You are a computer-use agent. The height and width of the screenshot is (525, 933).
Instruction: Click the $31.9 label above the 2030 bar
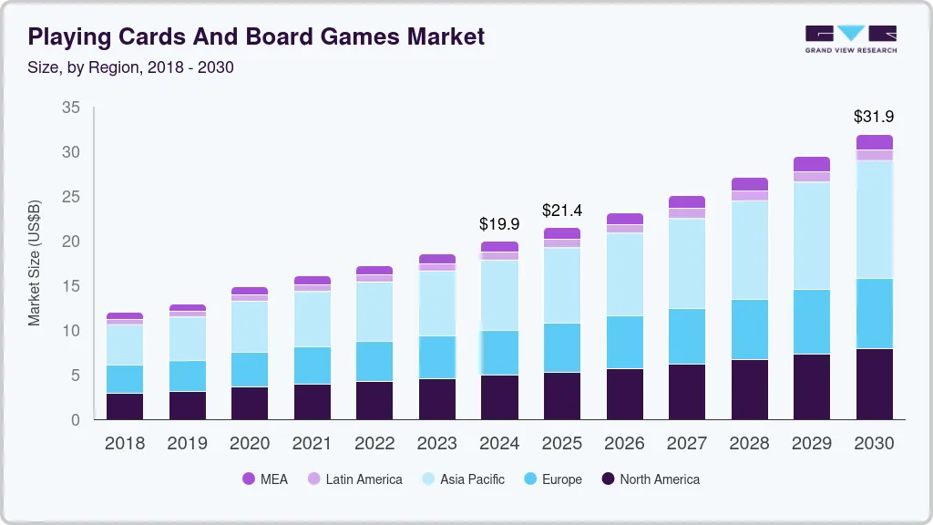[874, 117]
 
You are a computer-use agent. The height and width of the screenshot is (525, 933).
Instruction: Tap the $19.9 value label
[499, 223]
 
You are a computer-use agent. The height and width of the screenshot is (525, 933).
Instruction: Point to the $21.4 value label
[561, 211]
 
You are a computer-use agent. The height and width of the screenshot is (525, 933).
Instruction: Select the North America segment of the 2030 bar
[874, 384]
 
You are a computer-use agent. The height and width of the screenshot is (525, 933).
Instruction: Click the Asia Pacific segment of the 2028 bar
[749, 250]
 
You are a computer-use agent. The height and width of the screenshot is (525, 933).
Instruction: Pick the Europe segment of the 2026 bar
[624, 342]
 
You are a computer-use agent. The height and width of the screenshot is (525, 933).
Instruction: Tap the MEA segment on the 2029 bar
[811, 164]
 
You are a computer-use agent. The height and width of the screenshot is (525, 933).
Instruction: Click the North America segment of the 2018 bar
[125, 407]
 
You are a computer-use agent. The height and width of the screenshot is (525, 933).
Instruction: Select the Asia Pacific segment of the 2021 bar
[313, 319]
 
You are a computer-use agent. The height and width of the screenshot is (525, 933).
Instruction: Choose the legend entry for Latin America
[354, 479]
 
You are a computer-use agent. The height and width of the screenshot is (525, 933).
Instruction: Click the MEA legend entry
[265, 479]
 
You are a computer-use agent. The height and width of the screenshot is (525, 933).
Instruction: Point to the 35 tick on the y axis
[70, 108]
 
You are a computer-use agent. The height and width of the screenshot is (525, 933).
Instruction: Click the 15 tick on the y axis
[70, 286]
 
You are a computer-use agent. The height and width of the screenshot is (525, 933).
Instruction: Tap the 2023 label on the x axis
[437, 444]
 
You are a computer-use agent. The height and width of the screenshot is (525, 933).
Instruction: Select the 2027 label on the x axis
[686, 444]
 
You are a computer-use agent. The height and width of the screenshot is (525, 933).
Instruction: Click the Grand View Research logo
[850, 38]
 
